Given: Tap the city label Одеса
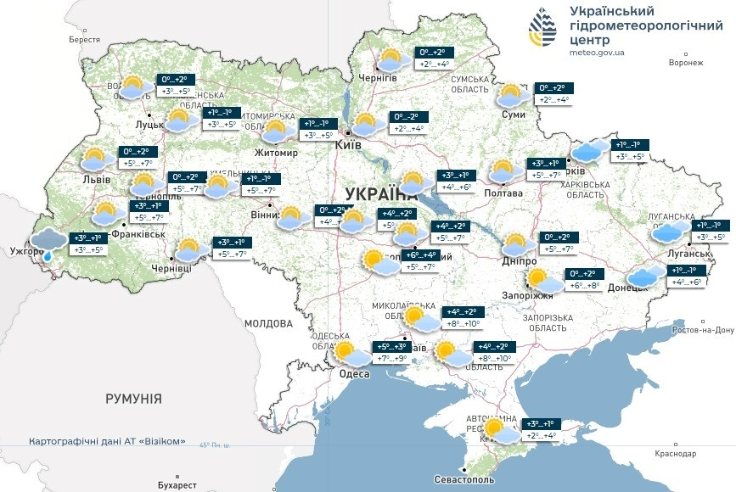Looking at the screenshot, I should pos(354,374).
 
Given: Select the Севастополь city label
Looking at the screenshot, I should pos(467,480).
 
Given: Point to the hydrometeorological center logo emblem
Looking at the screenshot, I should pos(543,31).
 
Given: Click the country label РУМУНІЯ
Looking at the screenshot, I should pos(133,398).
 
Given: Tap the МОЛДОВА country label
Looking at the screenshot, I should pos(268,323).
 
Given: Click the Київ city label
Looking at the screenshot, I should pos(349,145).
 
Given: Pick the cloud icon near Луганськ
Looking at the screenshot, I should pos(670,231).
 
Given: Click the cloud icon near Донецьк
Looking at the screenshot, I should pos(646,276).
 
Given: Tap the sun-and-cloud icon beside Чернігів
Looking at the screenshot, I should pos(390,59).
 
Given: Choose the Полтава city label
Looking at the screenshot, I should pos(503,193).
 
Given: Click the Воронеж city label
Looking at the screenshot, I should pos(686,63).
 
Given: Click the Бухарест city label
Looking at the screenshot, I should pos(177,485).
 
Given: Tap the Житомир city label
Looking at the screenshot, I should pos(276,154).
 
